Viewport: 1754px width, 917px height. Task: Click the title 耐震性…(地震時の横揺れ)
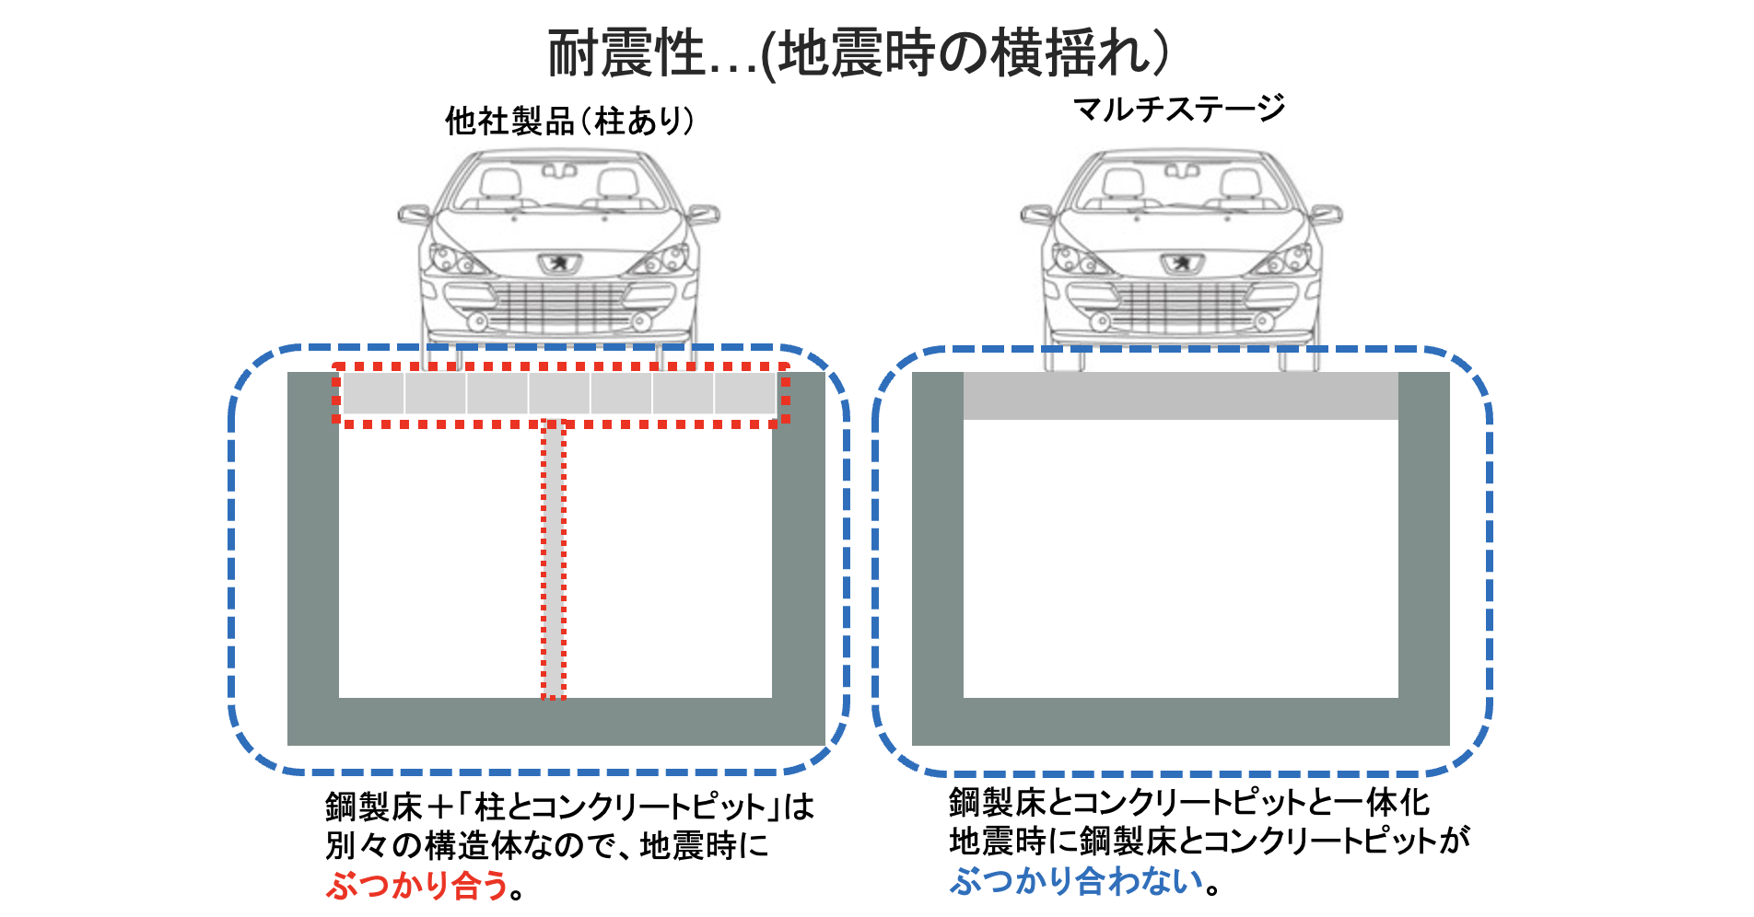(x=859, y=53)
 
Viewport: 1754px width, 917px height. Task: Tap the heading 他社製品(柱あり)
(x=569, y=121)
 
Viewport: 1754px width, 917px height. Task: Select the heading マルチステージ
(x=1179, y=109)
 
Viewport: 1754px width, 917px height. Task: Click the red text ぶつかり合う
(x=416, y=885)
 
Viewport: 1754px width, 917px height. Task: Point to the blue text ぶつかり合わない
(x=1077, y=881)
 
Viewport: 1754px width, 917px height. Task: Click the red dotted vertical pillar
(x=553, y=559)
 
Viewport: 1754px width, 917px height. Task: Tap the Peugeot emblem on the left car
(x=558, y=262)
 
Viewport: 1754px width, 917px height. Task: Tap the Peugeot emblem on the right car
(x=1181, y=262)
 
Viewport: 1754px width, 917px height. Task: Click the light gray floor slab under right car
(x=1181, y=396)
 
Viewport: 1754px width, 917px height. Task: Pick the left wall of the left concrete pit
(x=313, y=535)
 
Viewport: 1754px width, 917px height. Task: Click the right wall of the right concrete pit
(x=1424, y=535)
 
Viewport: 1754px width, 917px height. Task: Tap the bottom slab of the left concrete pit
(x=556, y=722)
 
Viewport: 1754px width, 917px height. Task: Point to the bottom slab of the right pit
(x=1181, y=722)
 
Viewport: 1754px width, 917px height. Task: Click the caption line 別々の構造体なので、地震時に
(x=546, y=845)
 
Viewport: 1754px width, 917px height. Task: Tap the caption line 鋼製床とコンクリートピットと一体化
(x=1189, y=802)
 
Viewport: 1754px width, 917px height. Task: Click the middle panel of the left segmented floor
(x=559, y=393)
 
